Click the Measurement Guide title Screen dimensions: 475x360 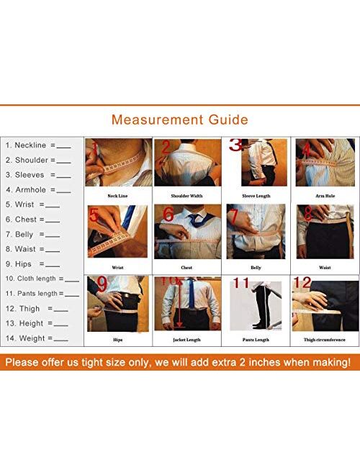(x=180, y=119)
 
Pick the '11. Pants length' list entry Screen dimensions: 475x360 (x=42, y=294)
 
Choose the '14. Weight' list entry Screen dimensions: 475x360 (x=37, y=338)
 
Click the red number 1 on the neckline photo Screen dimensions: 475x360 (x=93, y=149)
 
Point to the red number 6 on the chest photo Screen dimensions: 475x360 (x=168, y=214)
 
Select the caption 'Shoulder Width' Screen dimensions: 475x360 (x=186, y=196)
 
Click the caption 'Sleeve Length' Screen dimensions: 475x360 (x=256, y=196)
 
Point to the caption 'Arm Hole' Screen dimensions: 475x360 (x=324, y=196)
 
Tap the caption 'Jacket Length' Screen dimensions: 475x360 (x=186, y=339)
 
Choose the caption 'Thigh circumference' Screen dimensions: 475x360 (x=324, y=339)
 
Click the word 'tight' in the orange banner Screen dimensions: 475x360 (x=112, y=362)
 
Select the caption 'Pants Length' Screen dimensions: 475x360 (x=255, y=339)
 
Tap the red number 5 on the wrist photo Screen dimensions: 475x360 (x=94, y=214)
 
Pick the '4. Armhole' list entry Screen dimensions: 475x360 (x=37, y=189)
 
